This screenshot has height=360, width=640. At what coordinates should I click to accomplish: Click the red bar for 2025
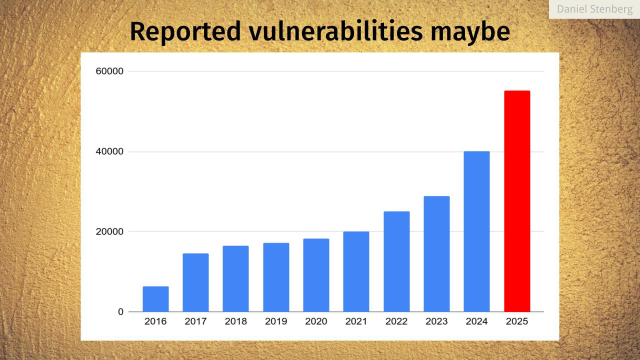pyautogui.click(x=516, y=201)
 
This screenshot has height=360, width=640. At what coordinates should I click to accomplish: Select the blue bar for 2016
pyautogui.click(x=156, y=299)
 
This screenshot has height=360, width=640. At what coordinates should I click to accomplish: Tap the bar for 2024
pyautogui.click(x=476, y=231)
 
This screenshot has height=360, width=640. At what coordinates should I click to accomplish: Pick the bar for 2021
pyautogui.click(x=356, y=271)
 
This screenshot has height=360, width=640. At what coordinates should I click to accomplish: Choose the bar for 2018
pyautogui.click(x=236, y=278)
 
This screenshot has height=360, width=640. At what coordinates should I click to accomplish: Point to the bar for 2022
pyautogui.click(x=396, y=261)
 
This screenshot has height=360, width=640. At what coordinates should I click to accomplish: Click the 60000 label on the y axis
pyautogui.click(x=110, y=71)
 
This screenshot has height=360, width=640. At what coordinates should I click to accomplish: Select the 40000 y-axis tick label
pyautogui.click(x=110, y=151)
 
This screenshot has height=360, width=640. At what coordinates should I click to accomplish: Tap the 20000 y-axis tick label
pyautogui.click(x=110, y=231)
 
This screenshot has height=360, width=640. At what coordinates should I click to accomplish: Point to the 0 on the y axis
pyautogui.click(x=120, y=312)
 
